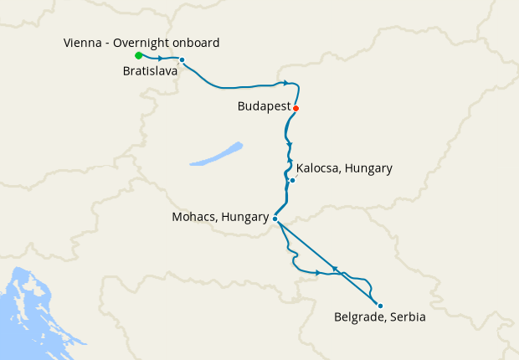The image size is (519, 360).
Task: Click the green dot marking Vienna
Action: [138, 55]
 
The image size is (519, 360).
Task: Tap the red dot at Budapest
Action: [295, 108]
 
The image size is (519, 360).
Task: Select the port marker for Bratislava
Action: [182, 59]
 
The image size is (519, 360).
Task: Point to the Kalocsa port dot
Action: [292, 180]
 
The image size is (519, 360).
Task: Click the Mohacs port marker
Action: [275, 219]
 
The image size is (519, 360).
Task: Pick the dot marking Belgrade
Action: [379, 306]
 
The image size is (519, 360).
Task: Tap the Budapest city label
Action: [264, 108]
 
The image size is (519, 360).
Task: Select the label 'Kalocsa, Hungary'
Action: [344, 168]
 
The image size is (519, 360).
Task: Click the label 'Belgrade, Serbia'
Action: [379, 318]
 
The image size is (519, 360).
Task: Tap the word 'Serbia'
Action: [407, 318]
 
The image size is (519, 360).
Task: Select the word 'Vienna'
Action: [82, 43]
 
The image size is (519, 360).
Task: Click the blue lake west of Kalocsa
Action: [216, 153]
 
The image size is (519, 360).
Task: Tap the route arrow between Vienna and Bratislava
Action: [160, 59]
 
